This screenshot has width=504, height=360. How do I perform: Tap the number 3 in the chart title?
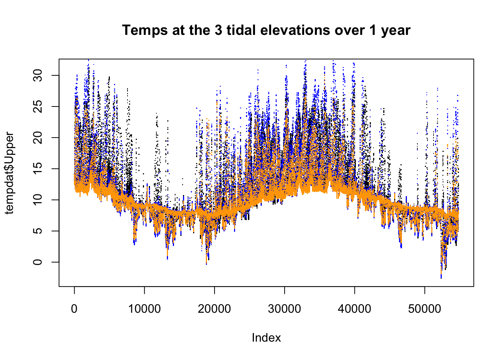pyautogui.click(x=218, y=30)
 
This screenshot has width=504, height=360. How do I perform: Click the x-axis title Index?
pyautogui.click(x=266, y=337)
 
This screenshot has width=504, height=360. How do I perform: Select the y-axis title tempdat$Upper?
pyautogui.click(x=9, y=173)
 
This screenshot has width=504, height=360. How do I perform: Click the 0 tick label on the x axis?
pyautogui.click(x=74, y=309)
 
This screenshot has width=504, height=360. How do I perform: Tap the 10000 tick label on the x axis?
pyautogui.click(x=144, y=309)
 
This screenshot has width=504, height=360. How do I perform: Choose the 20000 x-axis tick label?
pyautogui.click(x=214, y=309)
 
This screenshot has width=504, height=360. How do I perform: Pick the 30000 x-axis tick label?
pyautogui.click(x=285, y=309)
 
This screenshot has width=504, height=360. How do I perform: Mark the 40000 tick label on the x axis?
pyautogui.click(x=354, y=309)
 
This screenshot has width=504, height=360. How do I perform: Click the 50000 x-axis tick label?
pyautogui.click(x=424, y=309)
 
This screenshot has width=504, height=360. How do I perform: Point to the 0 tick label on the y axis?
pyautogui.click(x=38, y=262)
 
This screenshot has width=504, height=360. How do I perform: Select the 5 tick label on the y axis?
pyautogui.click(x=38, y=231)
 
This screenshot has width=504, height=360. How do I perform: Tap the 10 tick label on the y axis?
pyautogui.click(x=38, y=200)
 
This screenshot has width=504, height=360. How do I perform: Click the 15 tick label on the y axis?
pyautogui.click(x=38, y=169)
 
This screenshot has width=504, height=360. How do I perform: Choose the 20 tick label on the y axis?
pyautogui.click(x=38, y=138)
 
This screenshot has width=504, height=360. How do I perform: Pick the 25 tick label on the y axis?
pyautogui.click(x=38, y=106)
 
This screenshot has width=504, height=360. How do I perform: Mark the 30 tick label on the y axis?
pyautogui.click(x=38, y=75)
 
